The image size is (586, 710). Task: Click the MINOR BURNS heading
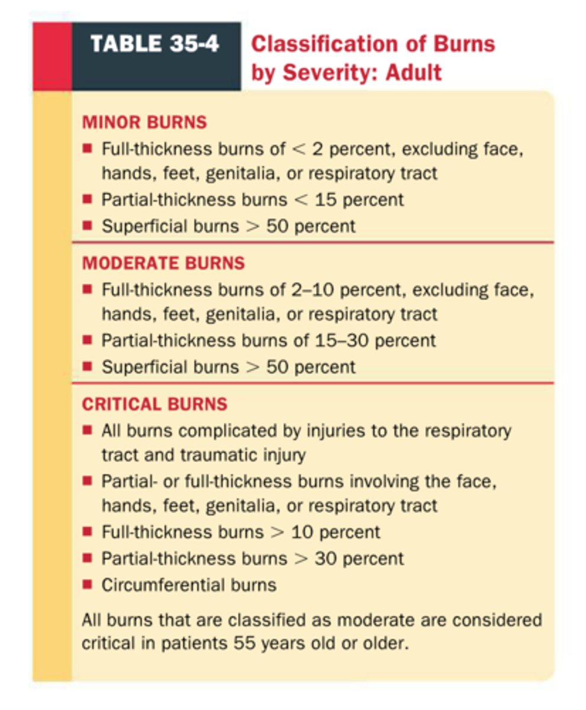144,122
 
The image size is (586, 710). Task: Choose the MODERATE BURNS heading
163,263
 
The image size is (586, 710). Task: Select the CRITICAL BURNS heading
154,404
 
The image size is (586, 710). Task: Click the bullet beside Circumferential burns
87,585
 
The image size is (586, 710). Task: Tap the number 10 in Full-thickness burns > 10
303,531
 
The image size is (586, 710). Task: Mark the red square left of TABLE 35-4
52,56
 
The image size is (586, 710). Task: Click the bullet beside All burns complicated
87,430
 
